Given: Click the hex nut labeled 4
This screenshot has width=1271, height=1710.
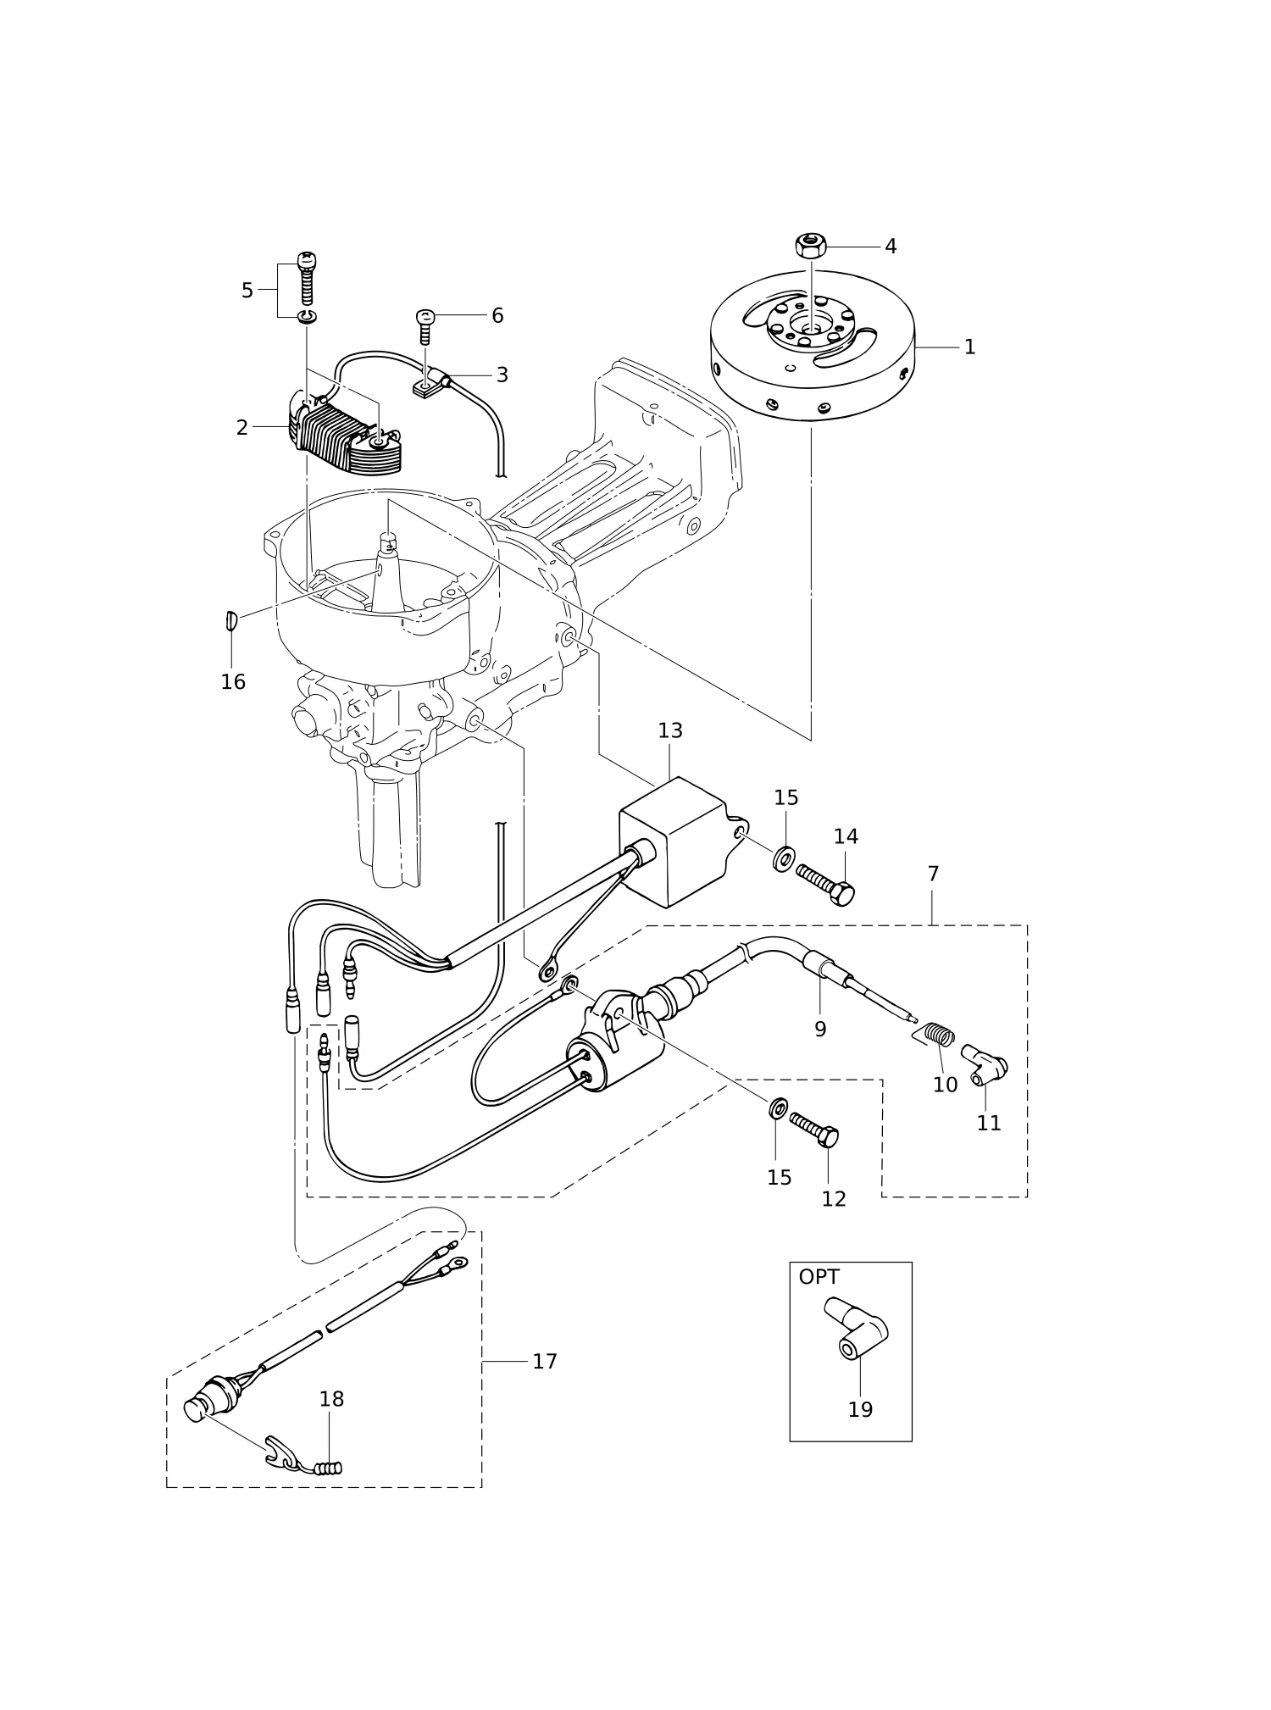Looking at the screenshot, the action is click(811, 246).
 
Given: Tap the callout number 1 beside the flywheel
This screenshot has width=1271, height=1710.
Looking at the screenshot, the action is click(969, 347).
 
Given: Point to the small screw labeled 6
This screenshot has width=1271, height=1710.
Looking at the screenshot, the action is click(425, 326).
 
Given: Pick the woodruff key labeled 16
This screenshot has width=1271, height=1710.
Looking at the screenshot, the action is click(232, 620).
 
